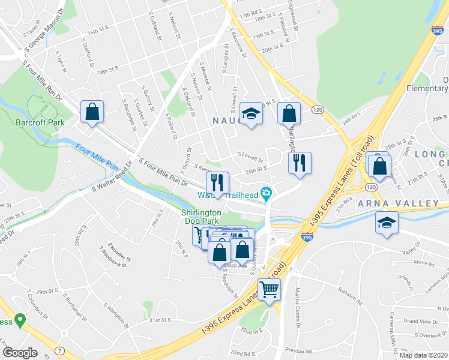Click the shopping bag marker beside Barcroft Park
[x=92, y=112]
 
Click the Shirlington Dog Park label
[x=202, y=217]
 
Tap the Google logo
[x=19, y=352]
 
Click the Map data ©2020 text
[x=423, y=354]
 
